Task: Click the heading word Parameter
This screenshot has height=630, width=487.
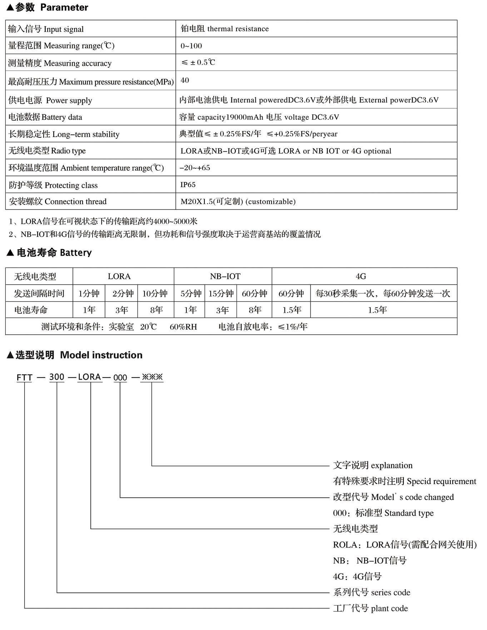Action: (64, 8)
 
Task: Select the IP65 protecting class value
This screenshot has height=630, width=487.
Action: (188, 184)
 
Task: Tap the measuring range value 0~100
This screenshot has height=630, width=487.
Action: (191, 46)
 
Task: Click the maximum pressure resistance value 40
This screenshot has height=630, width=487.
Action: (185, 80)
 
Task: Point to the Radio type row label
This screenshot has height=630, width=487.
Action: (47, 151)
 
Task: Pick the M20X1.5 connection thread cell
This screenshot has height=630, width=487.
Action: (238, 201)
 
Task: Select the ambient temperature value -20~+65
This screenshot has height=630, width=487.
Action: (195, 168)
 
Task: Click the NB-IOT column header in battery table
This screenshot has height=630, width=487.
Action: (225, 276)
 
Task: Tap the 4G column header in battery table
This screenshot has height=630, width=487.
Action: (361, 276)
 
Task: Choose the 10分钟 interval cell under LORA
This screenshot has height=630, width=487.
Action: (155, 294)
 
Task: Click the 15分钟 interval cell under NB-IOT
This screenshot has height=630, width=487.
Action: (221, 294)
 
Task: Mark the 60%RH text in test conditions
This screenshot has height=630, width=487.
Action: (183, 327)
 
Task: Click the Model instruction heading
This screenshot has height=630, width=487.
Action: (101, 355)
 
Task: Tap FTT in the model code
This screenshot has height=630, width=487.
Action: (24, 378)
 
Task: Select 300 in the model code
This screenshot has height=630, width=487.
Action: (57, 377)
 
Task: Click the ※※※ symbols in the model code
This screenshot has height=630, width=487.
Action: (152, 377)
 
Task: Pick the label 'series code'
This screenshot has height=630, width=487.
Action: (391, 592)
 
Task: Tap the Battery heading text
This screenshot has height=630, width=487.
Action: (76, 253)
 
